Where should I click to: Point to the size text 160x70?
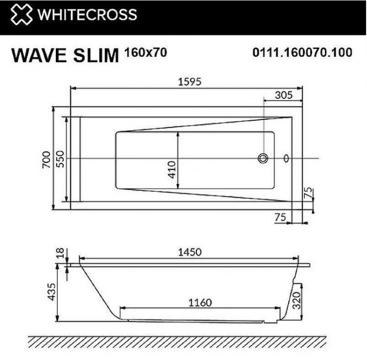pos(146,52)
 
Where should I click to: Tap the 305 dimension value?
pos(283,95)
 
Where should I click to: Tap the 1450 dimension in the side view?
pos(188,252)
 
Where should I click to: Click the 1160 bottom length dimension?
pos(200,303)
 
